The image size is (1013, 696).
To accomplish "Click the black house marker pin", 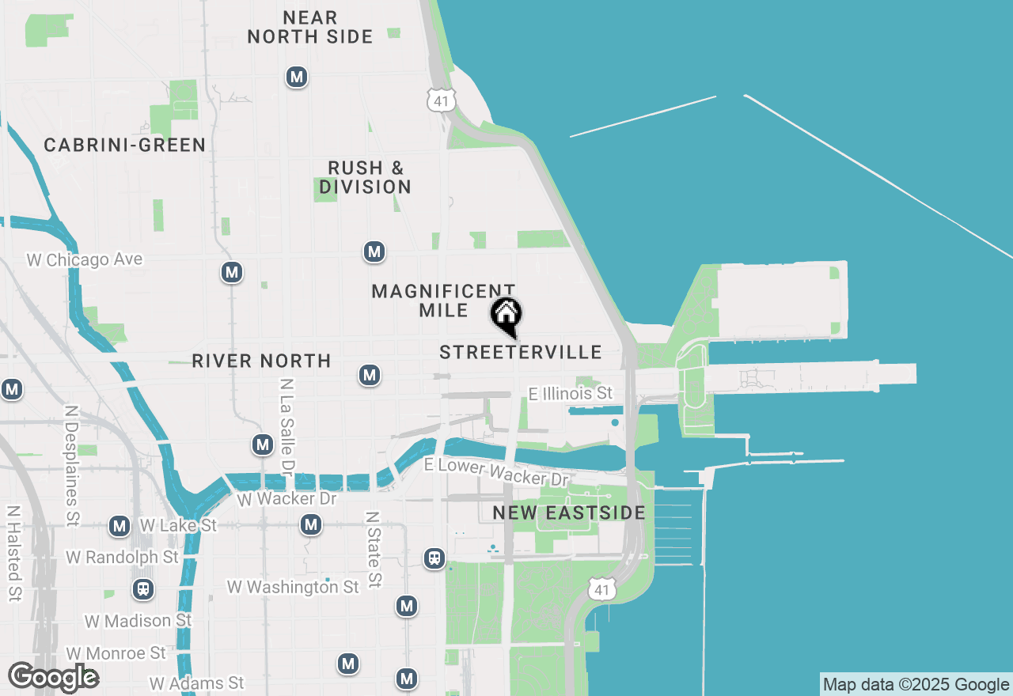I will pos(506,316).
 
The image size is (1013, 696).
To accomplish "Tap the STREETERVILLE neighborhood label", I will pos(521,353).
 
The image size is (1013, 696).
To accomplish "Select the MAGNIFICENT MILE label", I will pos(444,301).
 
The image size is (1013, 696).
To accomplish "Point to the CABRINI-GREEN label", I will pos(125,146).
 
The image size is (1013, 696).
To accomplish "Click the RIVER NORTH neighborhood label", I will pos(261,361).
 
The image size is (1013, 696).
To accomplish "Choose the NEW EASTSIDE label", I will pos(569,513).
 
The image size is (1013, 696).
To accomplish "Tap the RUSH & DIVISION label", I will pos(366,178).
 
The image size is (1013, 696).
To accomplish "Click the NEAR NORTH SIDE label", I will pos(310,27).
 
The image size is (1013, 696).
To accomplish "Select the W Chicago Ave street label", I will pos(85,259).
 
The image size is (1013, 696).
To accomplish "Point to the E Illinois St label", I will pos(571,393).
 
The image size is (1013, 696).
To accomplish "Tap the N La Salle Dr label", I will pos(286,426).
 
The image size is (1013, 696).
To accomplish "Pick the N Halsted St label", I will pos(14,554).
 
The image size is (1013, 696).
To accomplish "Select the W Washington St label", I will pos(293,587).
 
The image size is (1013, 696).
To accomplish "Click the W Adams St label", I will pos(197,683).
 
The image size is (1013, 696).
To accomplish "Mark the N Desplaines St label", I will pos(72,467).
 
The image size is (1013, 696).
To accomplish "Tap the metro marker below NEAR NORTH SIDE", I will pos(297,77).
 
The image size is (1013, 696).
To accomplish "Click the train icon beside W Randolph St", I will pos(143,589).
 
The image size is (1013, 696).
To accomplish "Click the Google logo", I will pos(53,678).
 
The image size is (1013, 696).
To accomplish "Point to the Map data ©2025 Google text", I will pos(916,685).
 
